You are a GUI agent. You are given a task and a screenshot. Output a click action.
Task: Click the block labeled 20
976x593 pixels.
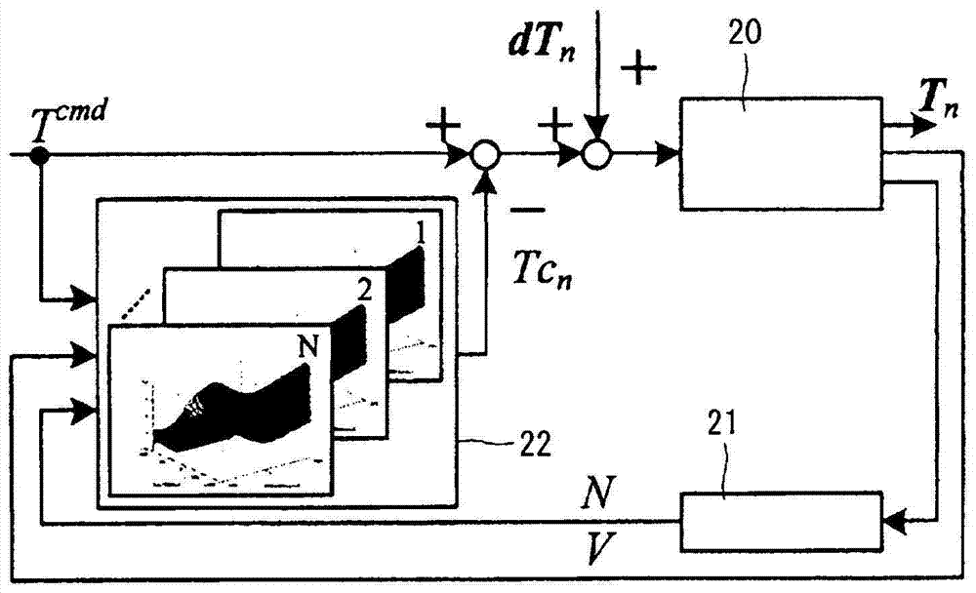[x=782, y=153]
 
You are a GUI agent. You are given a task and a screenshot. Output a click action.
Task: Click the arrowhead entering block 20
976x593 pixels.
[x=671, y=154]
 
